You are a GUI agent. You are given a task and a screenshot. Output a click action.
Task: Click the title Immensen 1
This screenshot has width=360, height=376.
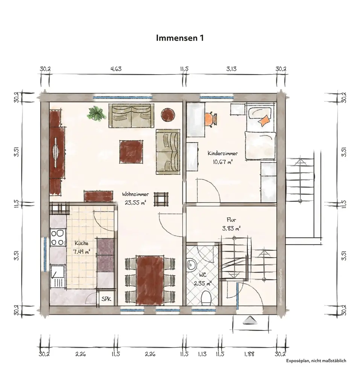180,38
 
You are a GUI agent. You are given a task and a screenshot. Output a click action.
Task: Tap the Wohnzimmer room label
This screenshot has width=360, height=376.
135,194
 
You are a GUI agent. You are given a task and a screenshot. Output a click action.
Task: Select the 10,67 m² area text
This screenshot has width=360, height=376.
223,162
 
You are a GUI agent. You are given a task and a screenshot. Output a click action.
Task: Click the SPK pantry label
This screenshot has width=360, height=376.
106,299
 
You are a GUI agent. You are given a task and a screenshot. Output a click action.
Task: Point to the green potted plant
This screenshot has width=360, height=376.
96,113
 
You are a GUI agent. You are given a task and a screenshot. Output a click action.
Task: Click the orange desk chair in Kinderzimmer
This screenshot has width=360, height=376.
210,119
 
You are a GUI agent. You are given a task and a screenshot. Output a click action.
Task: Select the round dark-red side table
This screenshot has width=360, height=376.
168,114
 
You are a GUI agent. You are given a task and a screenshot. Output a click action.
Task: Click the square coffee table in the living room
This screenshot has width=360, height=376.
131,152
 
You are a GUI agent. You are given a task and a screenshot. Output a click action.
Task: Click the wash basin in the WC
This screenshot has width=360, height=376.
191,265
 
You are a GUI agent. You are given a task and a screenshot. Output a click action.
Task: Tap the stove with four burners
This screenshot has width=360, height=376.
58,237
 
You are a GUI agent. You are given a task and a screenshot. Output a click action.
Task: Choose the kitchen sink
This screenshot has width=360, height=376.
58,276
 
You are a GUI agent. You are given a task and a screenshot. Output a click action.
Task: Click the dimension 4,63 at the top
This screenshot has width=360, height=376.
116,69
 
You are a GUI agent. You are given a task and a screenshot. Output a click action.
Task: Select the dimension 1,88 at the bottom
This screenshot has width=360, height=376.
249,354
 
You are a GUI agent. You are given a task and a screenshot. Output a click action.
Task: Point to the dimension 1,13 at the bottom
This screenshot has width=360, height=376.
202,354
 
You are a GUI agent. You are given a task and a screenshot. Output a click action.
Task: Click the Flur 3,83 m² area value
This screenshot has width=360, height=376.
231,229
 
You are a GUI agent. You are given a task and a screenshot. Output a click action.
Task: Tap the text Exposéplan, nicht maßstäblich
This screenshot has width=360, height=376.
316,361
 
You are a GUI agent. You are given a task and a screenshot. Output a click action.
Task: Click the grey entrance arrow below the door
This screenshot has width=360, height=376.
250,320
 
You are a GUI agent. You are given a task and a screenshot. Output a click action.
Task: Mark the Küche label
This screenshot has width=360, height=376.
82,243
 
